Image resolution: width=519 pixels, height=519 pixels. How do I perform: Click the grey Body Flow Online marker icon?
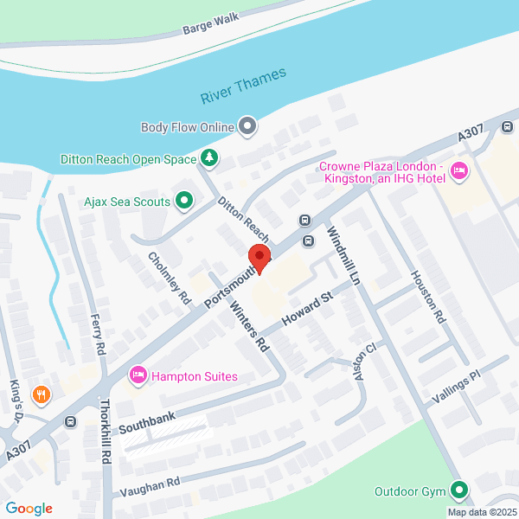(x=248, y=127)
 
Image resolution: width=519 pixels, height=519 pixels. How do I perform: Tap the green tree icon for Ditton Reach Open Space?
(x=208, y=158)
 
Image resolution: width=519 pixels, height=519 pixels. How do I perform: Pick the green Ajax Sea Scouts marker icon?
(x=183, y=202)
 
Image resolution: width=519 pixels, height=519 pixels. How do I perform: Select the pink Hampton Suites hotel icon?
(x=137, y=375)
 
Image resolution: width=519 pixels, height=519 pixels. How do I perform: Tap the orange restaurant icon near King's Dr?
(x=40, y=394)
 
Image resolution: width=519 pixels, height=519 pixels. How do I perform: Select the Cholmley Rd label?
(x=169, y=278)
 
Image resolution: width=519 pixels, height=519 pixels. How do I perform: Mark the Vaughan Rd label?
(x=150, y=487)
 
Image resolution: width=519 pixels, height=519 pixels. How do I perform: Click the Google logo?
(x=29, y=509)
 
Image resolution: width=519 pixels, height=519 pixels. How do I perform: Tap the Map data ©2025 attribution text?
(x=480, y=511)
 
